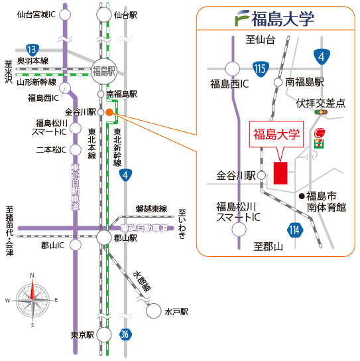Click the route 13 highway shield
coord(32,50)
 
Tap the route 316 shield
coord(125,334)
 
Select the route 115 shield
coord(261,69)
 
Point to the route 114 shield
coord(295,230)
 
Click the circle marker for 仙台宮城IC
coord(65,15)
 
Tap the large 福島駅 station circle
coord(104,72)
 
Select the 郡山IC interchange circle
coord(76,245)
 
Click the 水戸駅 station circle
coord(153,311)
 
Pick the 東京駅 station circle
coord(104,334)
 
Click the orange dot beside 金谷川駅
coord(109,112)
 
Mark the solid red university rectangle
coord(280,173)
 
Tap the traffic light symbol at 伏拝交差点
coord(321,112)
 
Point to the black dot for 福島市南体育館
coord(302,196)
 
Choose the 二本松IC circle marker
coord(76,150)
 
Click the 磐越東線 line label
coord(151,209)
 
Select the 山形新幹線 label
coord(36,82)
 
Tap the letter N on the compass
coord(32,275)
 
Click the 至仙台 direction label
coord(260,40)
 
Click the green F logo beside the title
coord(243,18)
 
